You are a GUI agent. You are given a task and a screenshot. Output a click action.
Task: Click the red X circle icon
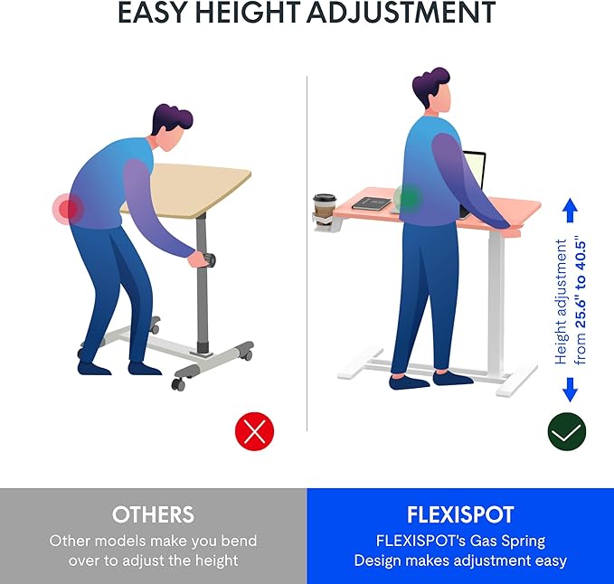coord(255,431)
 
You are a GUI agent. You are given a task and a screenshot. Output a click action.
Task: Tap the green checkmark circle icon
coord(567,431)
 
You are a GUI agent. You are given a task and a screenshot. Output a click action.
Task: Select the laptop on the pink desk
coord(475,178)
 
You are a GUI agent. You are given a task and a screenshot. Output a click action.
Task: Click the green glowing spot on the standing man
coord(409,197)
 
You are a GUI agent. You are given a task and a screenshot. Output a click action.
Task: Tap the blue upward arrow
coord(570,212)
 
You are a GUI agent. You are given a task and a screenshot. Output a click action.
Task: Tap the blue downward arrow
coord(570,390)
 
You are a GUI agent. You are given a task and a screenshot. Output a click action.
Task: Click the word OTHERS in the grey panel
coord(153,515)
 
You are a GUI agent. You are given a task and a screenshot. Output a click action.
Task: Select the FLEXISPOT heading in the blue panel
coord(460,515)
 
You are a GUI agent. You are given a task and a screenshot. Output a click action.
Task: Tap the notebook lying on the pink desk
coord(371,203)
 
